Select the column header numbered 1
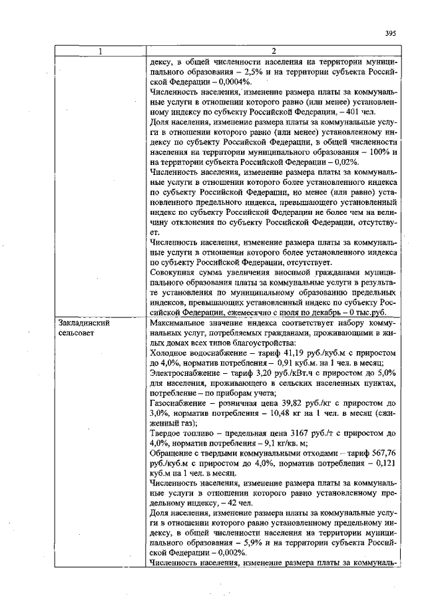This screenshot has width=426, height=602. tap(100, 52)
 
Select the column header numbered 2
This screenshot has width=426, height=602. tap(274, 52)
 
